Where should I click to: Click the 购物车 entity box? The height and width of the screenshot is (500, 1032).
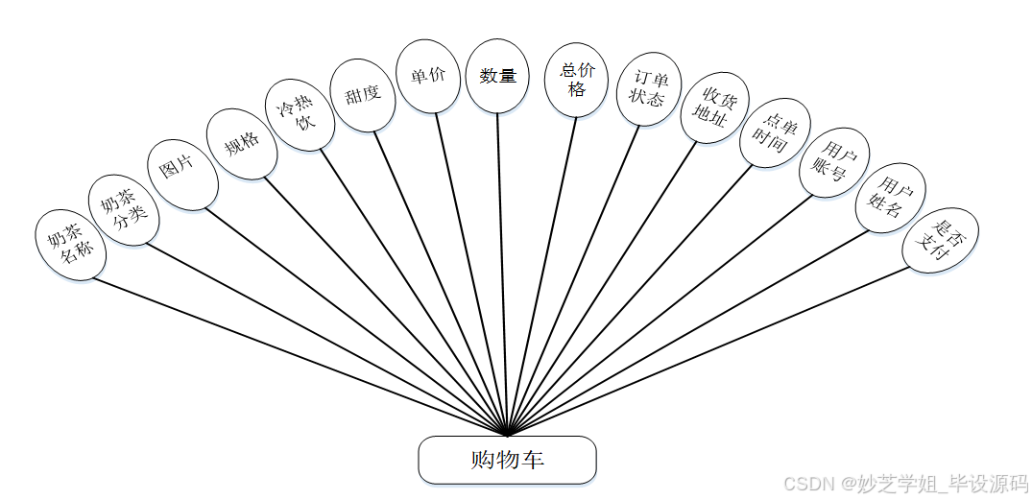[507, 460]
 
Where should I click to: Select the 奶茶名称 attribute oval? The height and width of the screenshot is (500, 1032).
[70, 244]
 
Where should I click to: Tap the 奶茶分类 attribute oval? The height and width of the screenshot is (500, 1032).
[124, 210]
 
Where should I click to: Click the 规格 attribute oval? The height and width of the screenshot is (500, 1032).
[242, 143]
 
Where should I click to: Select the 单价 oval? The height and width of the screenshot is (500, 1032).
[428, 77]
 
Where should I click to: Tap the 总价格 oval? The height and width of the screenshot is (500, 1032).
[576, 80]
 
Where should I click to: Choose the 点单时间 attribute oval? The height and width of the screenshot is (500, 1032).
[776, 132]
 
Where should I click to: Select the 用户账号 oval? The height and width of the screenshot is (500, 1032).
[833, 162]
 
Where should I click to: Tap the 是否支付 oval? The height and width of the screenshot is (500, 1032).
[940, 241]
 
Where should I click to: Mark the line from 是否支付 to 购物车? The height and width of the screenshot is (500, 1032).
[710, 349]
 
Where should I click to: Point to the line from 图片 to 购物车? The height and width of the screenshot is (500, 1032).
[355, 317]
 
